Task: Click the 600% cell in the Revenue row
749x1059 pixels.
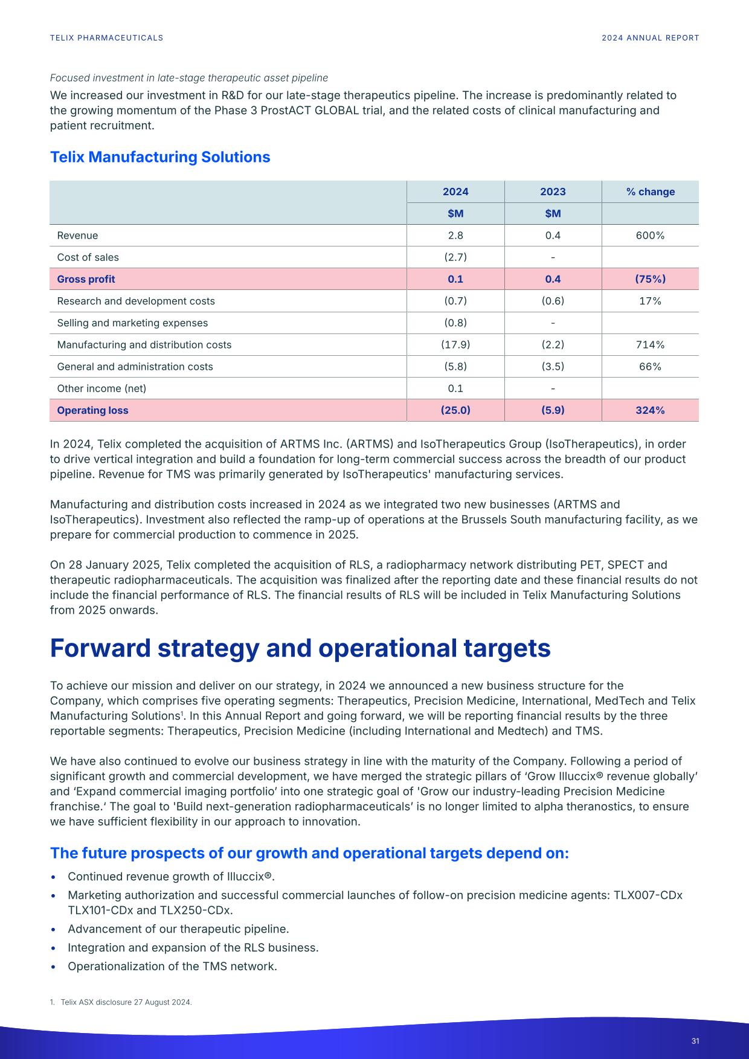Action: click(x=650, y=236)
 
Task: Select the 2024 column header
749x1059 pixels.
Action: click(x=455, y=192)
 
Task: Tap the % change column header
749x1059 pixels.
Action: click(x=650, y=192)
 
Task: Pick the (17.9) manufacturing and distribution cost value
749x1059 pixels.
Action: click(x=455, y=345)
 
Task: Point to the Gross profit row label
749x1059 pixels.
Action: click(x=86, y=279)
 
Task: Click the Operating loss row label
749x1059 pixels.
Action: click(x=92, y=410)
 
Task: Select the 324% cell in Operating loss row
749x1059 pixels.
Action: click(x=650, y=410)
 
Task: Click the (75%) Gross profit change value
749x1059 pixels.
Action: click(x=650, y=279)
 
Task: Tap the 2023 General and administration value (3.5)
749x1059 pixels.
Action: click(x=553, y=367)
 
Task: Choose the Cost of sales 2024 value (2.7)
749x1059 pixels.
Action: click(x=455, y=257)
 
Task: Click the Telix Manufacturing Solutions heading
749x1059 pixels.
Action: click(x=160, y=157)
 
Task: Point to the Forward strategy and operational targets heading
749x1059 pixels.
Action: click(x=300, y=648)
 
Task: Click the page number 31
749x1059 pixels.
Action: click(x=695, y=1041)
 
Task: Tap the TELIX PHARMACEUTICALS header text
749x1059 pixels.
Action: click(x=106, y=38)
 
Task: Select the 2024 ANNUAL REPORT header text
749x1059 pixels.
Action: click(x=651, y=38)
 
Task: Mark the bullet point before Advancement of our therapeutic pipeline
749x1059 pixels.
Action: click(x=55, y=930)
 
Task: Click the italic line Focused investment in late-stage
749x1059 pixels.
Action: click(x=189, y=78)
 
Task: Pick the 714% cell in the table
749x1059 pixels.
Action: click(x=650, y=345)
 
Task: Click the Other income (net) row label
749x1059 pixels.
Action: click(x=101, y=388)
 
